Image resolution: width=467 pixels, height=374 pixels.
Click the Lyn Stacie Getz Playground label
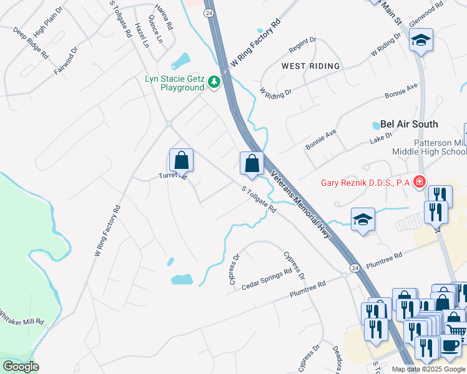174,83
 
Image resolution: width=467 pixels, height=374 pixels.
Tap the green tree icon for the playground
214,82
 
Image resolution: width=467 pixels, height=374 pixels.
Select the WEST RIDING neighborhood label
310,65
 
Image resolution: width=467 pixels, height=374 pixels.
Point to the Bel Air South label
409,124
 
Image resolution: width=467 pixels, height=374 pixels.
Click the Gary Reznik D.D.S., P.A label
366,183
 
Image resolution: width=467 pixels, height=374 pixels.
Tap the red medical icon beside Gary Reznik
420,183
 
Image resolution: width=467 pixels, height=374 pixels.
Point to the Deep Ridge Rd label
31,43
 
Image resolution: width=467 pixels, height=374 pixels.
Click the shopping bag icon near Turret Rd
181,161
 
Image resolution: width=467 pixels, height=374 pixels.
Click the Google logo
21,366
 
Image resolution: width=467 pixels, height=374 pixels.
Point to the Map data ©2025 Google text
427,369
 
